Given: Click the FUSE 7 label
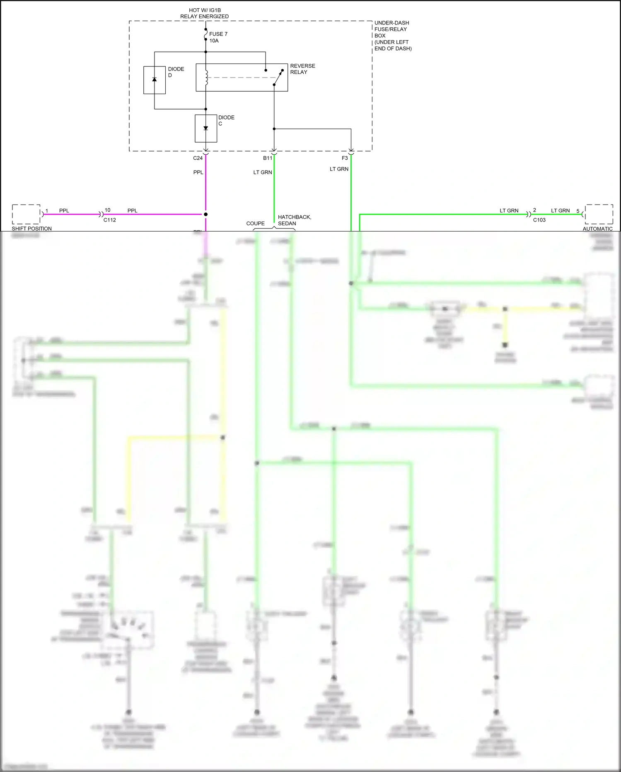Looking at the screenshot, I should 218,34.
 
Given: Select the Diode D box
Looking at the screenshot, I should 155,80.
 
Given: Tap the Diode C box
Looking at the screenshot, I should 206,129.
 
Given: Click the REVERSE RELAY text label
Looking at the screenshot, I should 302,69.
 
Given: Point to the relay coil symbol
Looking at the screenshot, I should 206,78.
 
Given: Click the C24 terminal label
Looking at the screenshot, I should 198,158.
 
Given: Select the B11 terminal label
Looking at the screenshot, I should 268,158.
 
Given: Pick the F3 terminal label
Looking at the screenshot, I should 345,158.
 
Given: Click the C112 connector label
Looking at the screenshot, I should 110,220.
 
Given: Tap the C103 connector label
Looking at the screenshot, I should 539,220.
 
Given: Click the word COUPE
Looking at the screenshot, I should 255,223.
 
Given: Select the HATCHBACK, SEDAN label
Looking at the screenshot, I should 294,220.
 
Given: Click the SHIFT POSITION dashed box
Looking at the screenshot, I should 26,214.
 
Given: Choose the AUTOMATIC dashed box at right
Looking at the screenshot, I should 599,214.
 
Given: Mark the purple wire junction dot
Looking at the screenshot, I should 205,214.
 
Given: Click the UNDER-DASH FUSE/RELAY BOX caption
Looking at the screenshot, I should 393,36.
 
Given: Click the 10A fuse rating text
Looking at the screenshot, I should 214,41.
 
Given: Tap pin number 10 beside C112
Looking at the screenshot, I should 107,210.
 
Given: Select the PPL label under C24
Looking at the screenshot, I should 198,172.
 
